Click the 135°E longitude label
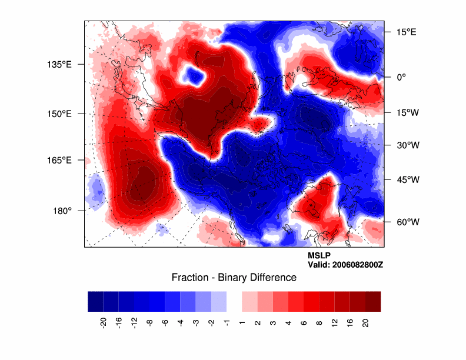[59, 64]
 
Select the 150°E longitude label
[59, 114]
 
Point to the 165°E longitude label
[59, 160]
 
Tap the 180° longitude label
[62, 210]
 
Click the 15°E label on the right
[405, 32]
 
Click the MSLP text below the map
[319, 256]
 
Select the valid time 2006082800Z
[358, 265]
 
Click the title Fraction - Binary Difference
[234, 278]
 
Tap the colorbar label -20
[103, 322]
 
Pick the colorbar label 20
[365, 322]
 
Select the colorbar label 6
[304, 322]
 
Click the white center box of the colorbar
[234, 301]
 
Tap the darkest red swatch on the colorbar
[372, 301]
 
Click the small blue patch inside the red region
[194, 74]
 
